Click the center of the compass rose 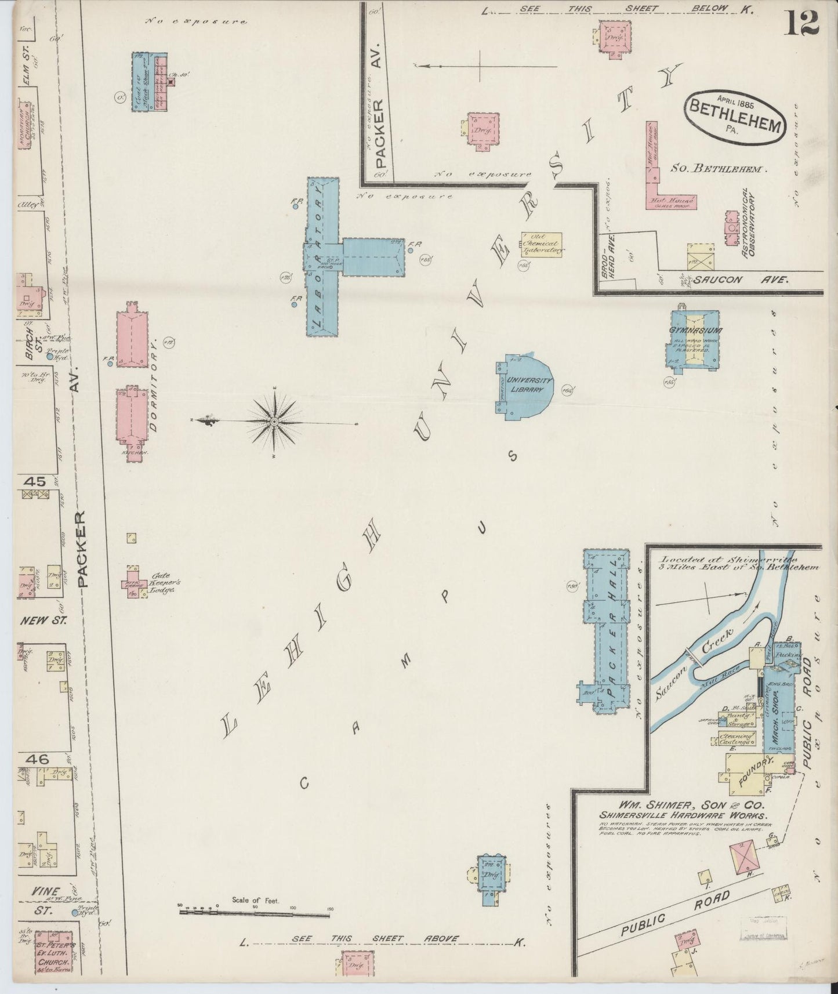pos(274,421)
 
